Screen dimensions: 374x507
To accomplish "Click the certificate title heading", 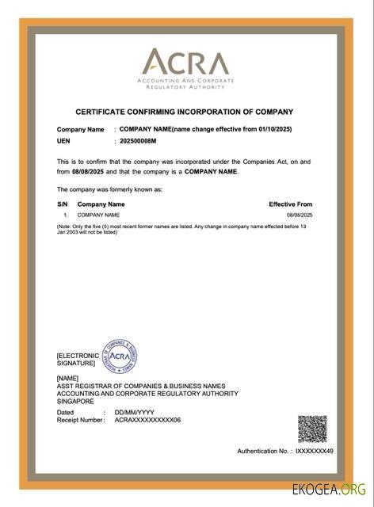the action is (184, 112).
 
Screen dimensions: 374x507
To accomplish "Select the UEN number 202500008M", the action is (138, 140).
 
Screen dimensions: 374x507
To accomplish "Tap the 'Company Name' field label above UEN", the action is (80, 129).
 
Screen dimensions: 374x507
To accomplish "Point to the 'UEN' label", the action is (63, 140).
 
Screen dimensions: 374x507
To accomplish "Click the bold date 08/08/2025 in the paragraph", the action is (89, 171).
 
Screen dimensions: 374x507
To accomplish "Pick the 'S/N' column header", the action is (63, 204).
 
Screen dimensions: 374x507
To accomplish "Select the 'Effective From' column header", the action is (291, 204).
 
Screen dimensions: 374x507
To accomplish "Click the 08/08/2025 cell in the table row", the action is (300, 215).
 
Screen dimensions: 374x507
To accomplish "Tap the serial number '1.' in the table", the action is (66, 215).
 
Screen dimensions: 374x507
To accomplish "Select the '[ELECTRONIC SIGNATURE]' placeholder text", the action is (78, 360).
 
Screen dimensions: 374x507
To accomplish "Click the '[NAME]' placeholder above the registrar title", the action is (68, 379).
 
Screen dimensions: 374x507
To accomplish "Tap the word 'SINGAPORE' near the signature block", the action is (75, 402).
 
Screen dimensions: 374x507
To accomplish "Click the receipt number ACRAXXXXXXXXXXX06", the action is (147, 420).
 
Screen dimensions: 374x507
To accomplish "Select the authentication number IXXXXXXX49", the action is (314, 451).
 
